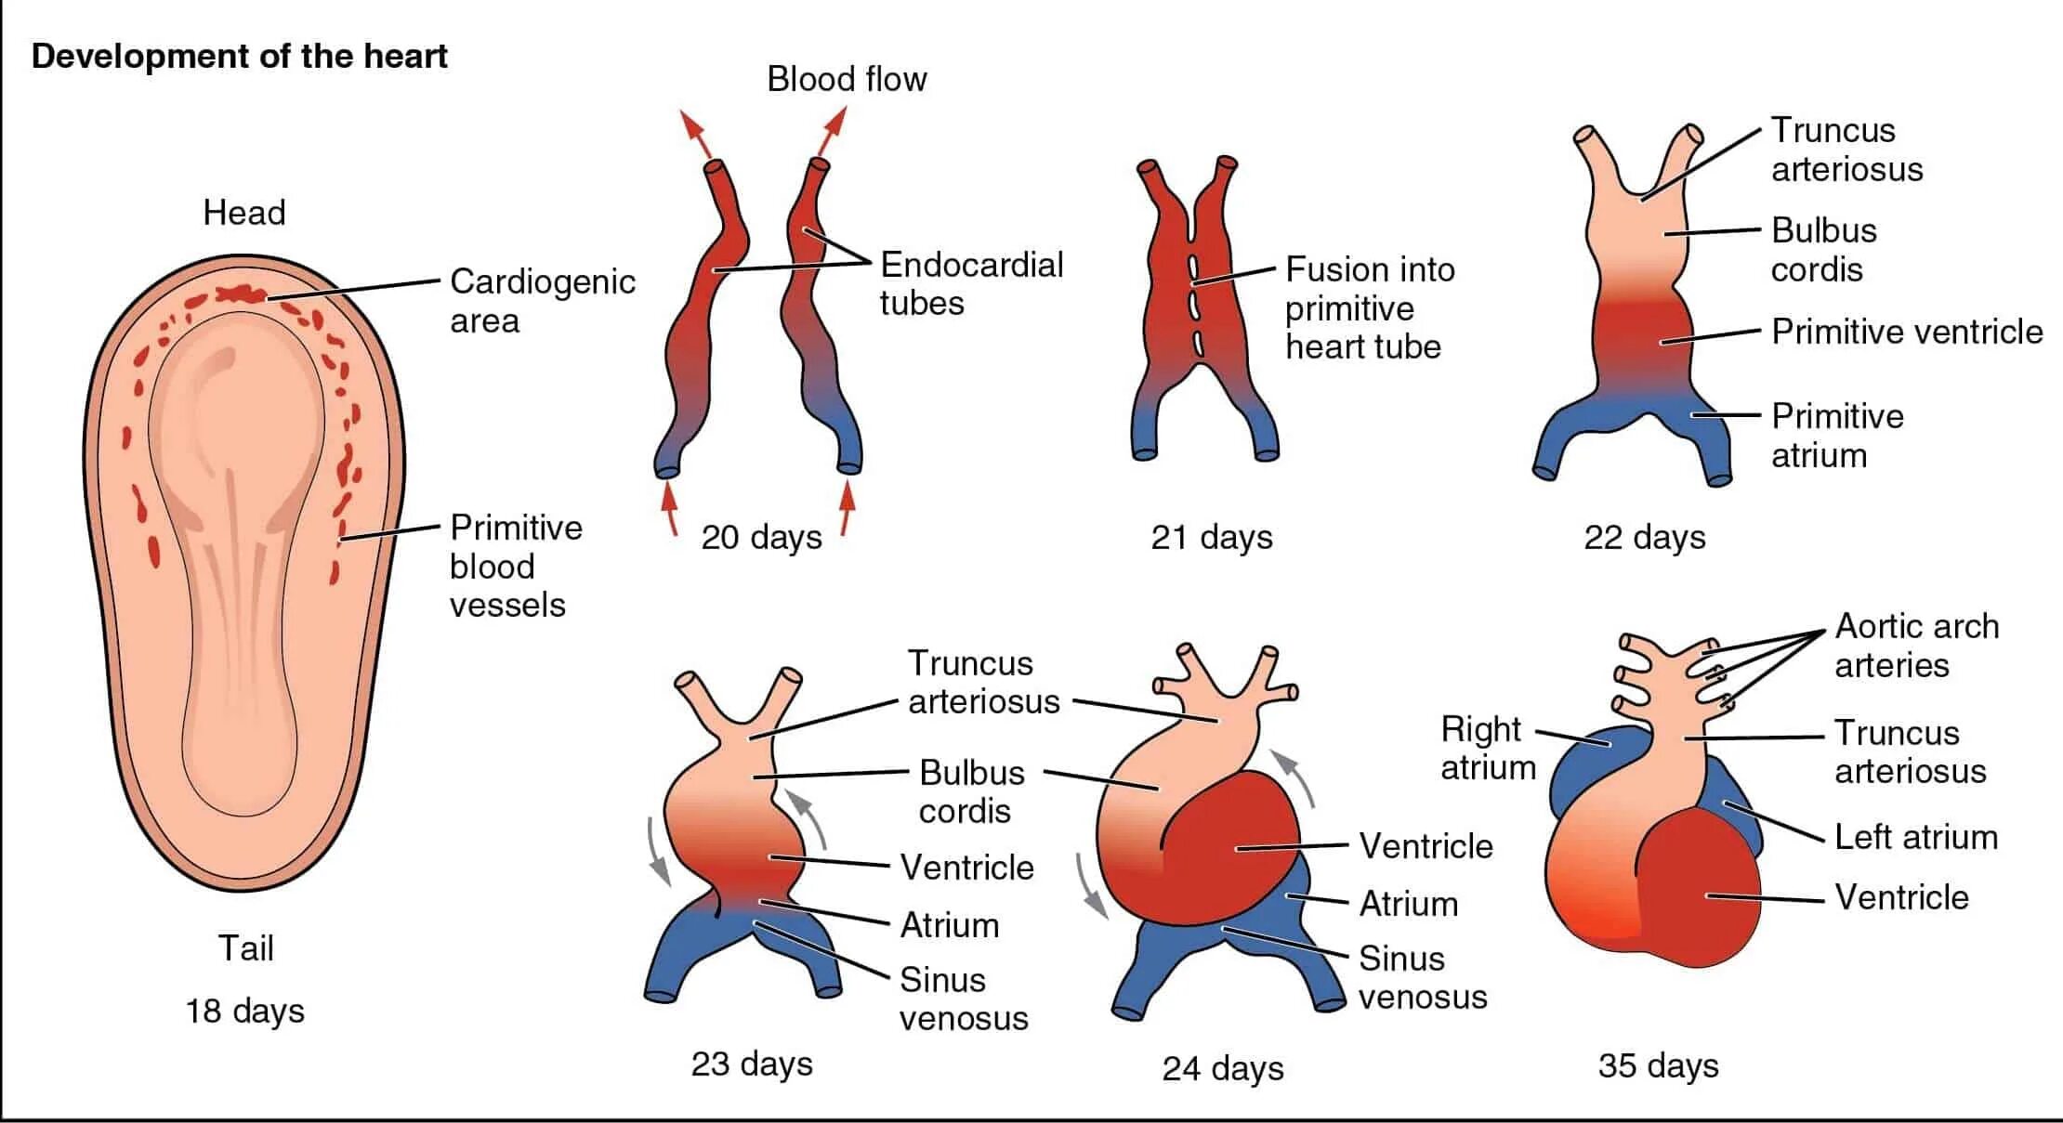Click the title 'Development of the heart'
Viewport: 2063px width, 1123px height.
click(239, 57)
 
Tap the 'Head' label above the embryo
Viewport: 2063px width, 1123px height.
click(244, 213)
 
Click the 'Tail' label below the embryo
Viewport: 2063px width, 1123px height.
click(245, 948)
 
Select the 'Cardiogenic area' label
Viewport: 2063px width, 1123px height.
click(542, 300)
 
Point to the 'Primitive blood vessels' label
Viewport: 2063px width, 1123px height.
click(516, 566)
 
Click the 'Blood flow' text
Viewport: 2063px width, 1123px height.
click(847, 79)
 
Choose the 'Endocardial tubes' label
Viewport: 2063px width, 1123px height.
click(971, 283)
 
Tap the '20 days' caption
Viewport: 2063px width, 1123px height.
click(761, 537)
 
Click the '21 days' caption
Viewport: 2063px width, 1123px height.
click(1212, 537)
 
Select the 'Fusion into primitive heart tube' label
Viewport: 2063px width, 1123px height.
click(1369, 307)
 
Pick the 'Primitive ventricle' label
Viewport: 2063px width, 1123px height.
click(1907, 332)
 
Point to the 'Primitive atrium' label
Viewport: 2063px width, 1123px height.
click(1836, 435)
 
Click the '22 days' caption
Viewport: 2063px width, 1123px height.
click(1645, 537)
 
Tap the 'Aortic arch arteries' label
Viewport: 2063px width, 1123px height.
click(1916, 646)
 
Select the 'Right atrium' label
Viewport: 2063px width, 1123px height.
click(1487, 748)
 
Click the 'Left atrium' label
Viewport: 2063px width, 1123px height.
click(1915, 837)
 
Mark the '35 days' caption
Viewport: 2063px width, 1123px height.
click(1658, 1065)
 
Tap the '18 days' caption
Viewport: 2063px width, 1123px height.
click(245, 1011)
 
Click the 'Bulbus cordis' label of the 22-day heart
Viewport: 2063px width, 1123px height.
click(1823, 249)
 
